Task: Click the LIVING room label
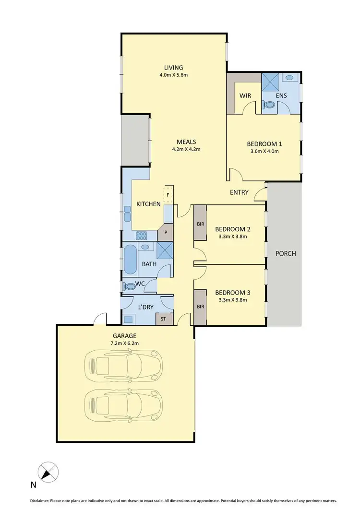[173, 68]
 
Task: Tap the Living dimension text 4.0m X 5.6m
[173, 75]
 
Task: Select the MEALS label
[186, 142]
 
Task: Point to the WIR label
[245, 95]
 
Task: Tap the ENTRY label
[240, 192]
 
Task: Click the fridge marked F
[168, 195]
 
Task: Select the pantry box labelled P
[166, 232]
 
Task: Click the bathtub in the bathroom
[130, 259]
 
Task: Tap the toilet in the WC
[129, 287]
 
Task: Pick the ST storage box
[163, 319]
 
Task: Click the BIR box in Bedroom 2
[200, 223]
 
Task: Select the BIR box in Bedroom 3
[200, 306]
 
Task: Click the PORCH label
[285, 253]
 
